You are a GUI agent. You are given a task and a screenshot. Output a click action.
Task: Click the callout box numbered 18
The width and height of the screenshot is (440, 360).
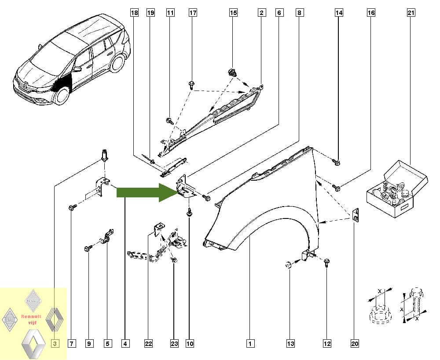click(135, 13)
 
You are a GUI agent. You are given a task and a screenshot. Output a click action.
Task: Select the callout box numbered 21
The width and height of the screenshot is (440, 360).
click(411, 13)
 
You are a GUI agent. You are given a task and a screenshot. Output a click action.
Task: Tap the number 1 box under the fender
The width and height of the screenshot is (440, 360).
click(250, 343)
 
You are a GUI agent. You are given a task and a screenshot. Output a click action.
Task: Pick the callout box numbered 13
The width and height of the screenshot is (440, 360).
click(290, 343)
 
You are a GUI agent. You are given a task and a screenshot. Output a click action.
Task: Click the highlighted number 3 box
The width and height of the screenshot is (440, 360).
click(55, 343)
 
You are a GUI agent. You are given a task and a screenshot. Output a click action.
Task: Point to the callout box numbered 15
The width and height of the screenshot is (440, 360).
click(234, 13)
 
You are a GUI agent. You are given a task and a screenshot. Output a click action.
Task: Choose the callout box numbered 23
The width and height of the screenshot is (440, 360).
click(174, 343)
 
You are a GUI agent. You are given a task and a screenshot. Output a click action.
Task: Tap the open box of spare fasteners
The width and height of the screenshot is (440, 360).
click(397, 189)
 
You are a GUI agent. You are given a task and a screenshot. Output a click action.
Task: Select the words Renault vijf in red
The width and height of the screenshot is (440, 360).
click(31, 320)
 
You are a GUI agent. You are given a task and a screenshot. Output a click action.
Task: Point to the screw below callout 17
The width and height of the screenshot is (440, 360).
click(192, 85)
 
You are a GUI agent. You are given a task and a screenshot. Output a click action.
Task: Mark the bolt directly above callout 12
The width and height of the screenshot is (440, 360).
click(327, 263)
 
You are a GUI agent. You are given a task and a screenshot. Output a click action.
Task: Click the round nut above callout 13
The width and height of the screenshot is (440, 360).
click(287, 264)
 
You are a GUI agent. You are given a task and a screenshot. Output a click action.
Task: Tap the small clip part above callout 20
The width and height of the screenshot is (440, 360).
click(356, 215)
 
